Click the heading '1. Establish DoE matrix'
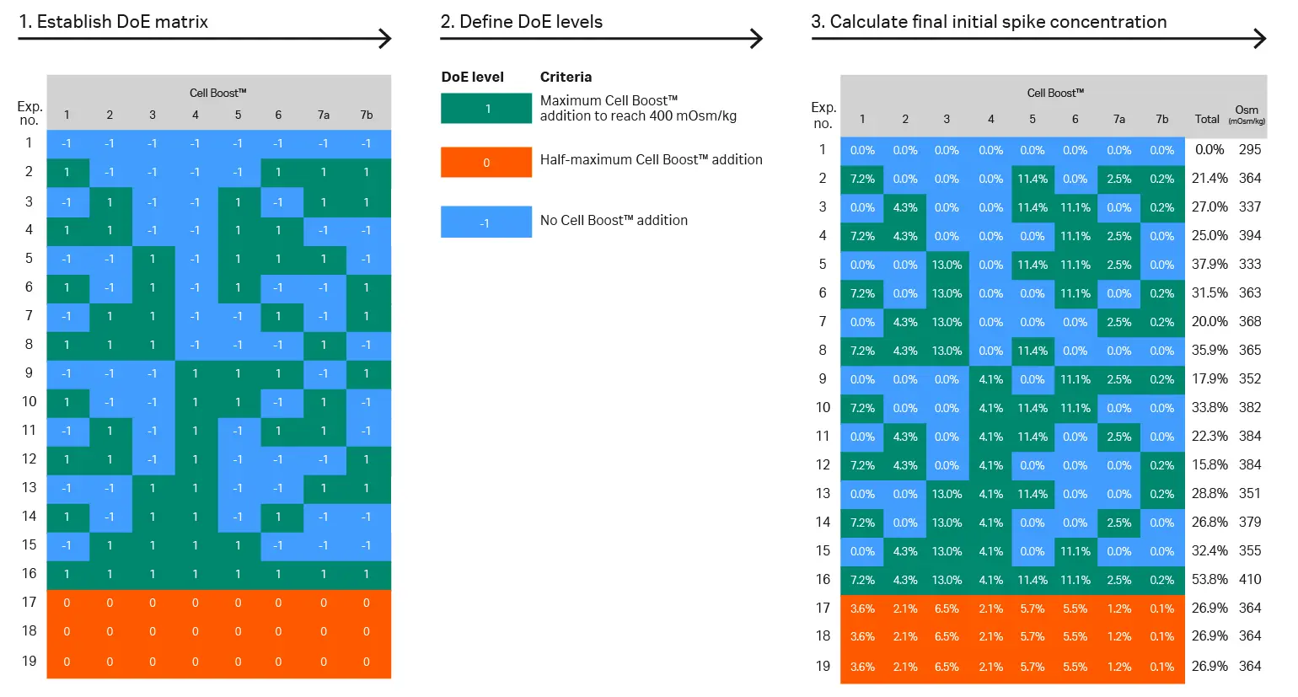pos(114,22)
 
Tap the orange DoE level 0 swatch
pos(485,163)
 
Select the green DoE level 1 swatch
pos(485,109)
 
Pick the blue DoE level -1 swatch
pos(485,223)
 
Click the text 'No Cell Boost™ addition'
pos(614,221)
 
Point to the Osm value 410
pos(1250,580)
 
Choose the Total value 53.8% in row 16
pos(1209,580)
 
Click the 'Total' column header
pos(1207,120)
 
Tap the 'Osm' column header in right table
pos(1247,111)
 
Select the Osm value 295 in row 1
pos(1250,150)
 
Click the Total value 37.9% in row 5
pos(1209,265)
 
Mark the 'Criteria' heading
pos(566,78)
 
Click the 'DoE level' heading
pos(472,78)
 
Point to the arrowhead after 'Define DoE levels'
pos(757,39)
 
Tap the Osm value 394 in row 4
pos(1250,236)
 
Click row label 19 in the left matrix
pos(29,661)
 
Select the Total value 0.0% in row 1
pos(1209,150)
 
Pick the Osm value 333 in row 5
pos(1250,265)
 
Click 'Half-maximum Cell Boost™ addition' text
pos(651,160)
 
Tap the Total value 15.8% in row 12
pos(1209,465)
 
